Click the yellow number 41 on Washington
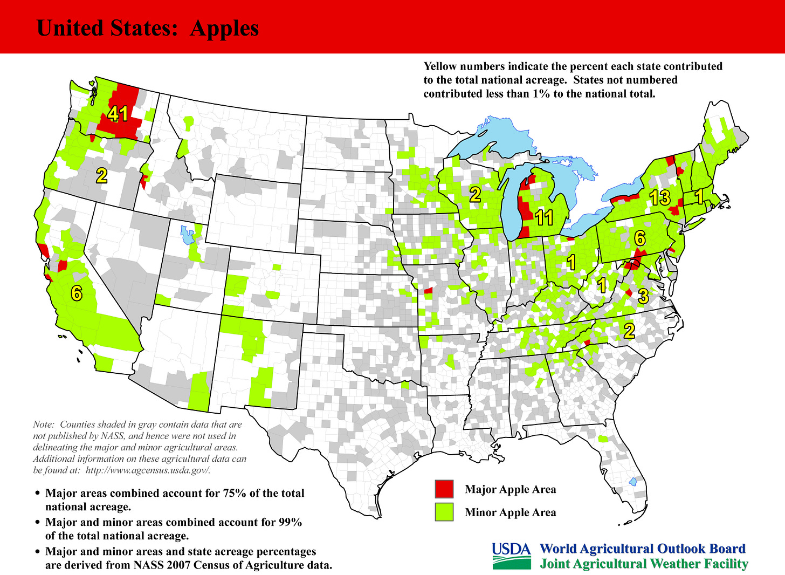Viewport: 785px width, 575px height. pos(118,114)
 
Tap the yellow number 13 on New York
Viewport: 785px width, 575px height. pos(660,198)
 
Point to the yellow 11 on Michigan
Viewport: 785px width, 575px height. pos(544,217)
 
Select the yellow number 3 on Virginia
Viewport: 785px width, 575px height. pos(643,296)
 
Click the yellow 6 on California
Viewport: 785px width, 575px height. pos(77,293)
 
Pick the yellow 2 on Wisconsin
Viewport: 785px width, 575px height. pos(475,195)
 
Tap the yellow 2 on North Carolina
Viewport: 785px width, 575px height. pos(629,331)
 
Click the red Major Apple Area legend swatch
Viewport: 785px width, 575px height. pos(444,489)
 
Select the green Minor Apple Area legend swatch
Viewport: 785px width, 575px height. pos(444,512)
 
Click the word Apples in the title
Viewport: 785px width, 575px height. pos(224,28)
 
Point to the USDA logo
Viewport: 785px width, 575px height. pos(511,556)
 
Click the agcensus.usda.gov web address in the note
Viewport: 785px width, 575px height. pos(147,470)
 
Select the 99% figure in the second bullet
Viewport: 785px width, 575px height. pos(290,522)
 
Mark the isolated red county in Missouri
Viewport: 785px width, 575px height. pos(428,291)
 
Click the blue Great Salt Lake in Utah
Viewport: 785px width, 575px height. pos(187,235)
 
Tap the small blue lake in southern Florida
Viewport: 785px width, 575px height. pos(633,482)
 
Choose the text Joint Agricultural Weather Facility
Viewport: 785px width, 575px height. pos(644,564)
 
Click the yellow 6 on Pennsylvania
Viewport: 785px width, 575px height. pos(639,237)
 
